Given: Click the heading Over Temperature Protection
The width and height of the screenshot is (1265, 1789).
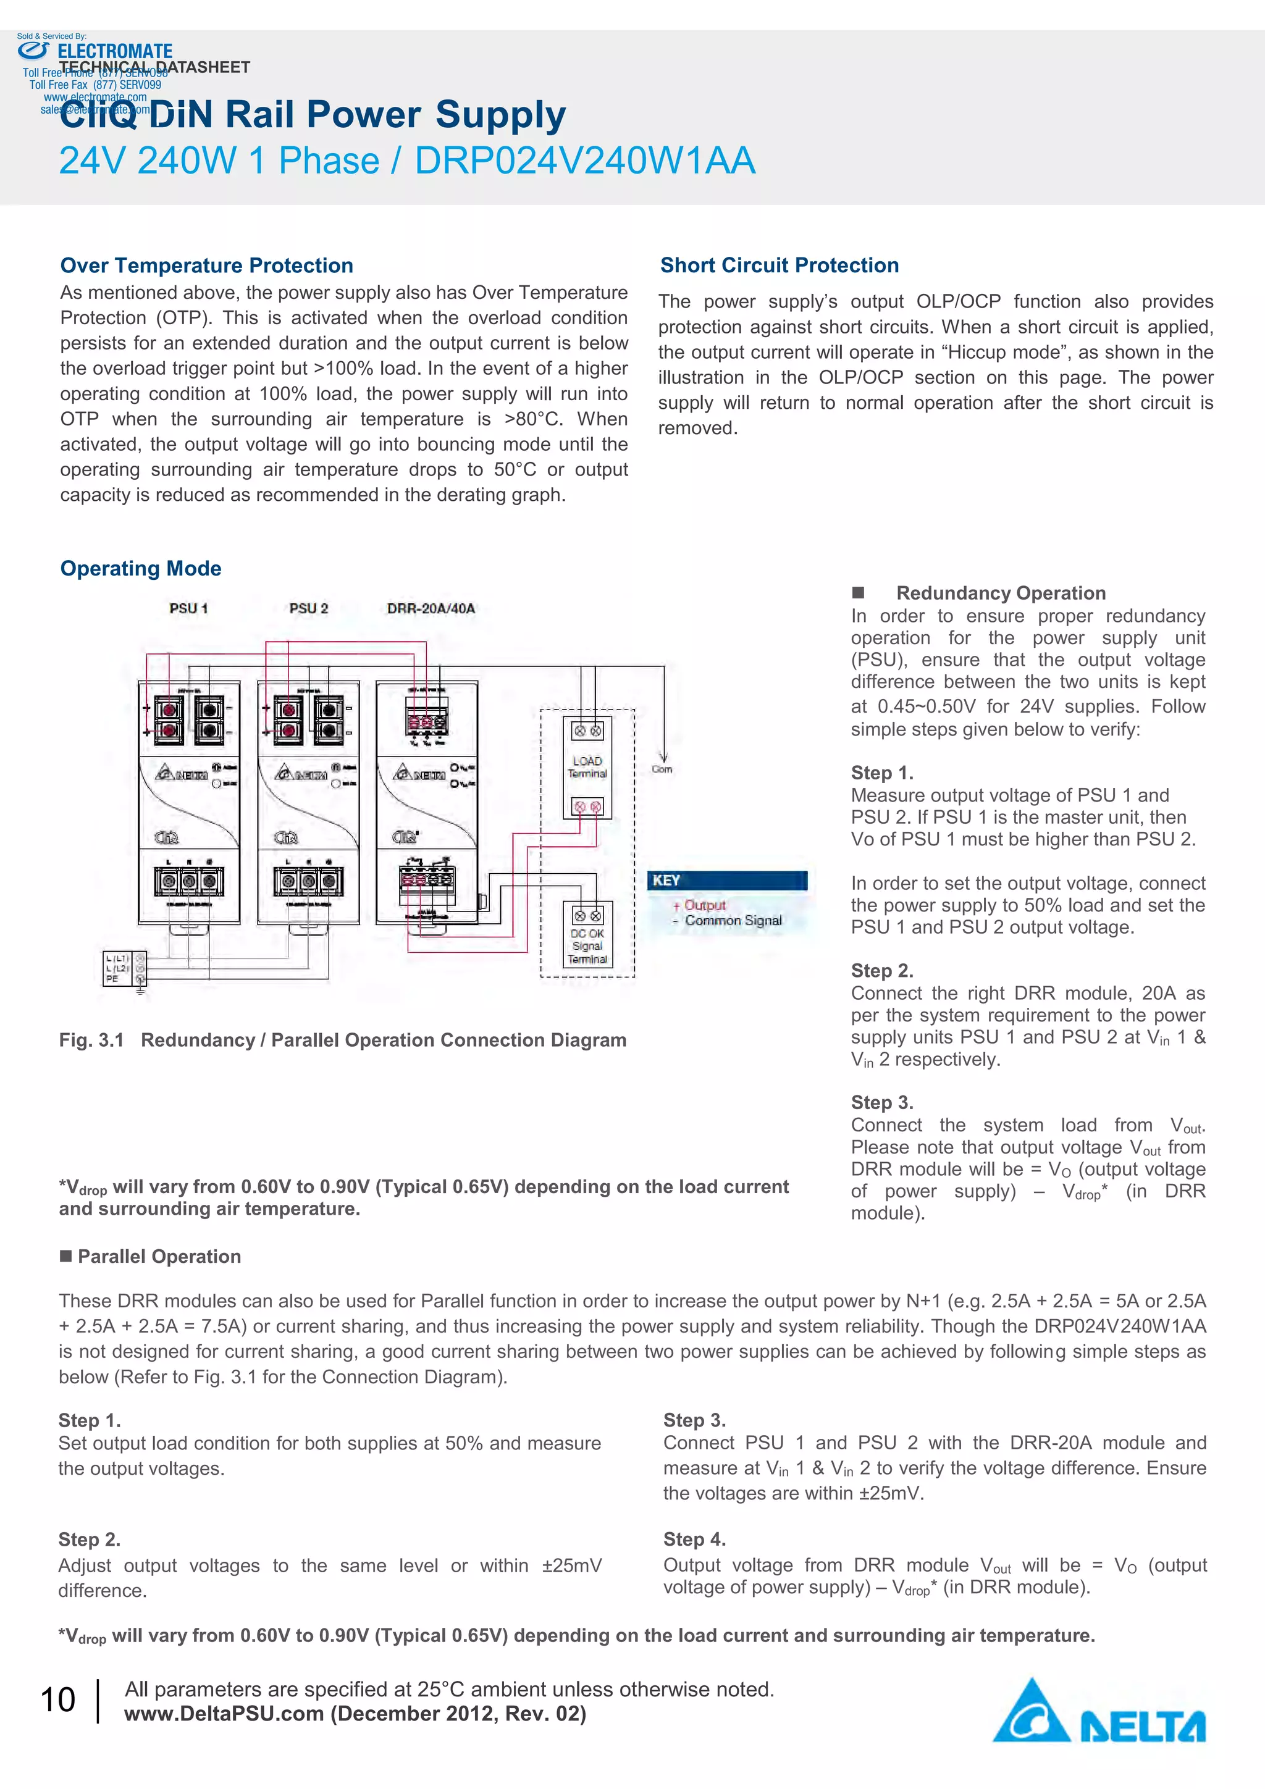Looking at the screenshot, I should [x=206, y=266].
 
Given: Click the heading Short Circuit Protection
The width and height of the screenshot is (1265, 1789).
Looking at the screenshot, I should [x=780, y=265].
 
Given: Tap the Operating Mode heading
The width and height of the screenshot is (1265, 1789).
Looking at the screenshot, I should [x=140, y=568].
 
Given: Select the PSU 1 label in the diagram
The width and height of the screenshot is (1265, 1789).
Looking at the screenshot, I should [x=188, y=608].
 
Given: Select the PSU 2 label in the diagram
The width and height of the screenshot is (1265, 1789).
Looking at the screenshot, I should [x=309, y=608].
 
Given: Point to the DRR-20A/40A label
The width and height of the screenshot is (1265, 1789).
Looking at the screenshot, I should [x=431, y=608].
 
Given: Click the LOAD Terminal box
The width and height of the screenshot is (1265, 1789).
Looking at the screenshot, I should [x=587, y=768].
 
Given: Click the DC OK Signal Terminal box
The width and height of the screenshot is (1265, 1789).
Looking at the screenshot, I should [x=587, y=934].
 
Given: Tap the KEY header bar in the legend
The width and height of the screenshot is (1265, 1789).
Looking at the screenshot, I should [x=726, y=881].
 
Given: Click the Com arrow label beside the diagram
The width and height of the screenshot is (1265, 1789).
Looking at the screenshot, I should [x=662, y=768].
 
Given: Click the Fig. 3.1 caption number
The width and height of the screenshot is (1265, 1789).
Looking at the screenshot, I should [x=91, y=1040].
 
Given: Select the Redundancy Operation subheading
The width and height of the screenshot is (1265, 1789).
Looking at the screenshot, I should [x=1000, y=593].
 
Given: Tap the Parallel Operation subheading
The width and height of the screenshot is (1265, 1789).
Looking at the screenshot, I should [x=159, y=1256].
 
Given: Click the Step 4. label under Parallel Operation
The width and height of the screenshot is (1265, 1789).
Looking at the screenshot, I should [x=694, y=1539].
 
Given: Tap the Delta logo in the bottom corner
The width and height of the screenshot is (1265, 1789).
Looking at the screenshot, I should [x=1099, y=1711].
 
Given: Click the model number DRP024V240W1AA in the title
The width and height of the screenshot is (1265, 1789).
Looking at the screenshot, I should [x=584, y=161].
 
